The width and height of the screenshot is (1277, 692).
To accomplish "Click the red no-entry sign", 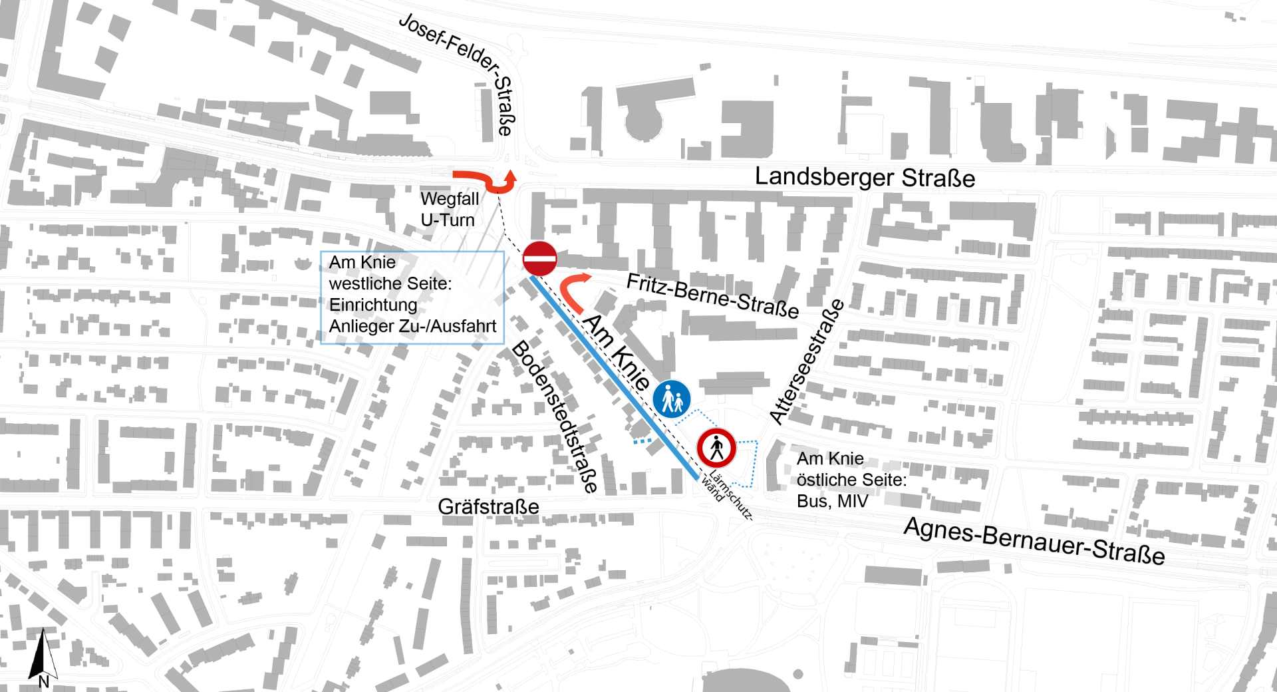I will click(540, 258).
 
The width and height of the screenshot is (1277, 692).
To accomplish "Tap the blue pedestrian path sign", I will click(672, 399).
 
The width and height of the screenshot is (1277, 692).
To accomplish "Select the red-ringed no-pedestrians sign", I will click(716, 448).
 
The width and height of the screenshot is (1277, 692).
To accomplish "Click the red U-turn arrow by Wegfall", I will click(492, 181).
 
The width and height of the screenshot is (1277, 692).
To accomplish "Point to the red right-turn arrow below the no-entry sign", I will click(572, 290).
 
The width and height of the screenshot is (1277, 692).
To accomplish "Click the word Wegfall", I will click(449, 199).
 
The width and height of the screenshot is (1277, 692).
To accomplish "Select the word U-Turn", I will click(447, 220).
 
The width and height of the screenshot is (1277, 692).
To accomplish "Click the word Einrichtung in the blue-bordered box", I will click(373, 305).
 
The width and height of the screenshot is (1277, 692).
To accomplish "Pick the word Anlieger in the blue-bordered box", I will click(360, 326).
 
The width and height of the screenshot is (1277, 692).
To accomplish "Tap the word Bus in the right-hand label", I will click(813, 501).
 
